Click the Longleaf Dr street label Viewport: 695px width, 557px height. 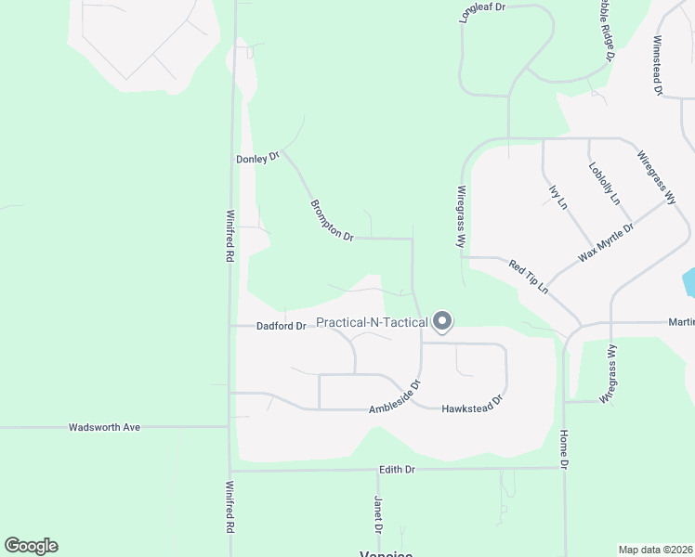(x=481, y=7)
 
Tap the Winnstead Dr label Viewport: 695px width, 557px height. (x=658, y=66)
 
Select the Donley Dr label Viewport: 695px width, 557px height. (x=257, y=159)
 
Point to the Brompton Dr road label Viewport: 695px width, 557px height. (x=332, y=220)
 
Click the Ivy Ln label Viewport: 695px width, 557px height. (x=557, y=197)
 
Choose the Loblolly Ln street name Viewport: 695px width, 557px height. (x=604, y=183)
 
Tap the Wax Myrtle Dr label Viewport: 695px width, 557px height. (x=606, y=241)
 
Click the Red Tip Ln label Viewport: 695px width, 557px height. (x=528, y=278)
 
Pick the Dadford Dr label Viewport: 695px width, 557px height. (x=281, y=326)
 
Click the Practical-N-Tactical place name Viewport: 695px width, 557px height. (x=372, y=323)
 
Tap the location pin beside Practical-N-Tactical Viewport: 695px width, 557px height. (x=442, y=321)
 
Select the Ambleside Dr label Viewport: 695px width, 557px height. (x=395, y=398)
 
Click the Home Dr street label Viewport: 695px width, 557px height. (x=563, y=448)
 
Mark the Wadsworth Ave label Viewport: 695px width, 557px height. (x=104, y=427)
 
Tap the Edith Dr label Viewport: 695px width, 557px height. (x=397, y=470)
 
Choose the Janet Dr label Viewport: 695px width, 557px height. (x=378, y=514)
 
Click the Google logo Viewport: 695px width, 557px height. (x=31, y=546)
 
